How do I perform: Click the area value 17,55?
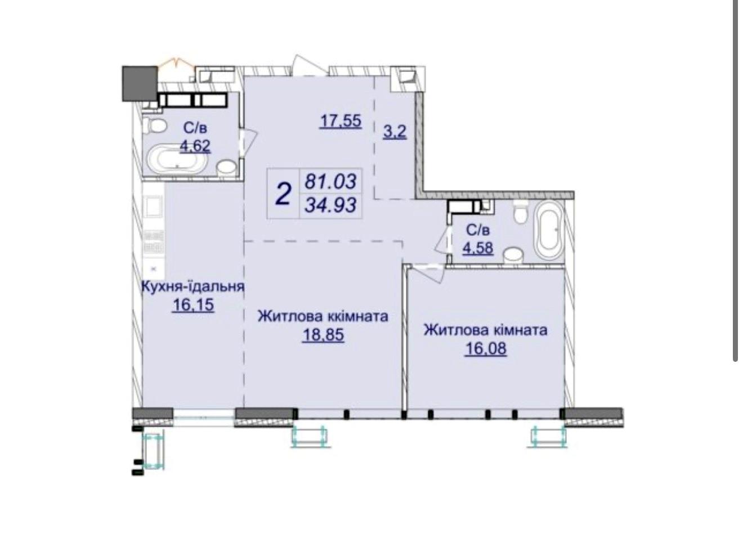coord(341,121)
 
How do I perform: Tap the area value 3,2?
coord(395,132)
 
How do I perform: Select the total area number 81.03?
coord(331,181)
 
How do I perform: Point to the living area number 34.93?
coord(331,205)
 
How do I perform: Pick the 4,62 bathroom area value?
coord(195,146)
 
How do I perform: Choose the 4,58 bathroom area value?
coord(478,248)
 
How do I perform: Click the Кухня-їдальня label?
coord(193,286)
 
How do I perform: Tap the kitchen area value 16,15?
coord(193,305)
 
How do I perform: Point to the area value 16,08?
coord(486,348)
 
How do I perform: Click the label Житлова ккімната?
coord(323,316)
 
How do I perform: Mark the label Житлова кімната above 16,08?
coord(486,330)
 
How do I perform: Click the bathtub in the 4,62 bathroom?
coord(176,160)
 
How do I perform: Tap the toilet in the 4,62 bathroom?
coord(155,126)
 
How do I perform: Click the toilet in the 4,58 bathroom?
coord(520,212)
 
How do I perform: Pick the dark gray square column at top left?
coord(140,84)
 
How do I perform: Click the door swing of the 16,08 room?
coord(428,274)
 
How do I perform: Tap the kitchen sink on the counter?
coord(154,207)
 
